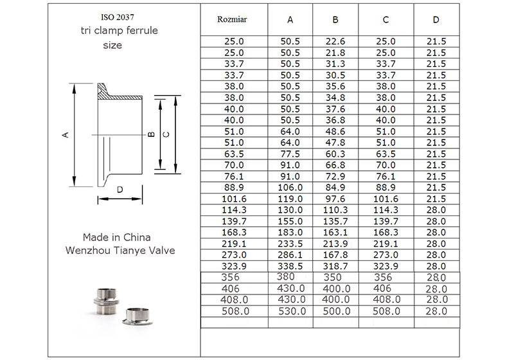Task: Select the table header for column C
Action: [385, 19]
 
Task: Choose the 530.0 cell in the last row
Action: [292, 311]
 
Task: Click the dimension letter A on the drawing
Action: [64, 135]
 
